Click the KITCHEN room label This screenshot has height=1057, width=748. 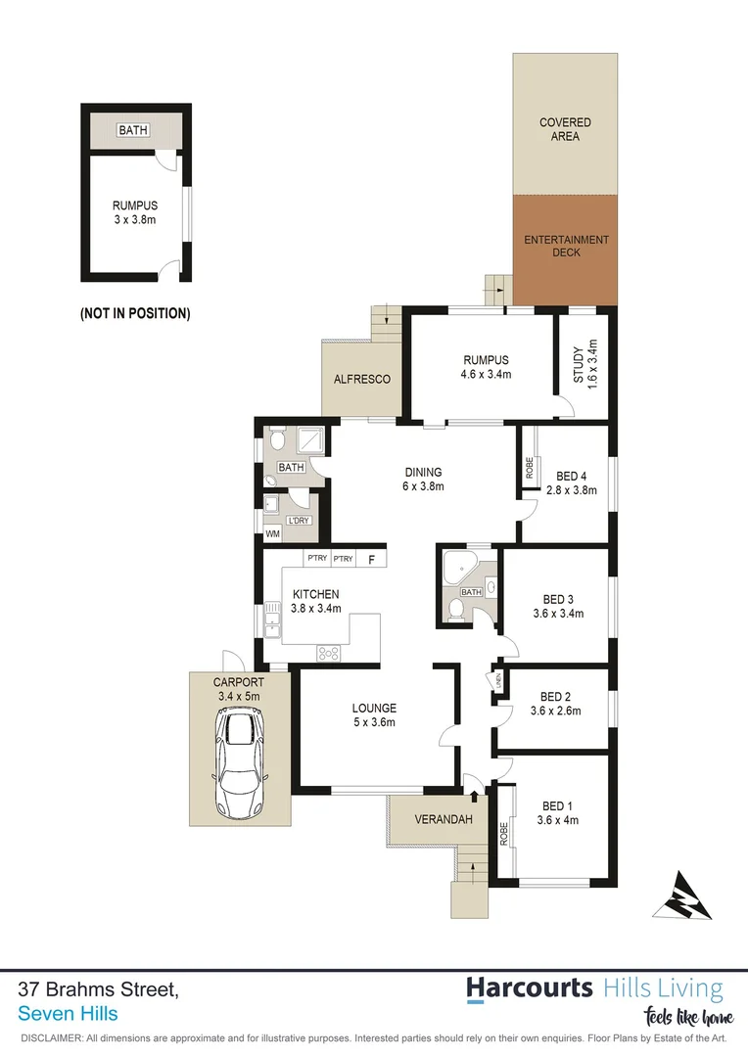315,594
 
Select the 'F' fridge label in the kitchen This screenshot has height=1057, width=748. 371,560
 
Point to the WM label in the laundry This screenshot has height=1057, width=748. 272,534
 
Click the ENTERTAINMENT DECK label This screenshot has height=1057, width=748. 566,246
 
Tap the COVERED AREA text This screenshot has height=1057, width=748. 565,129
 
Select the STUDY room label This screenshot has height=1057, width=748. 578,364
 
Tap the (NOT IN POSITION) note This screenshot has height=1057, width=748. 135,314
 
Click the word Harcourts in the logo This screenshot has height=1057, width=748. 529,988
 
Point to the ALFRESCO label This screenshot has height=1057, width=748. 362,379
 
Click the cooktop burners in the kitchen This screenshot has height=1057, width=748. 328,653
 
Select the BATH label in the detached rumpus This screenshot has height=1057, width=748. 129,130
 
